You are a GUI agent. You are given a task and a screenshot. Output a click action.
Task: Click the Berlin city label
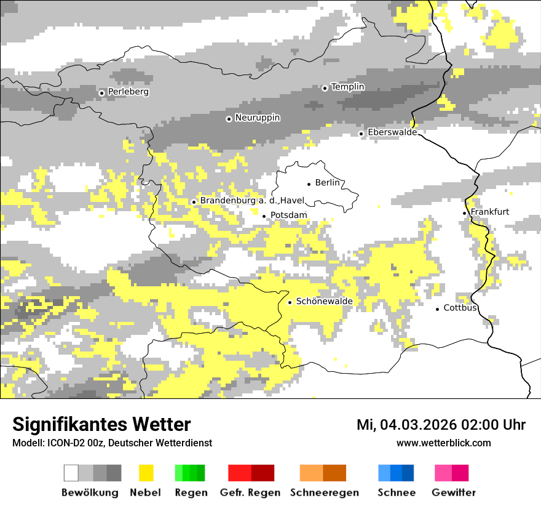pyautogui.click(x=327, y=183)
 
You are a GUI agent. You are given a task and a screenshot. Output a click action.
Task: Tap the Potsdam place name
pyautogui.click(x=288, y=215)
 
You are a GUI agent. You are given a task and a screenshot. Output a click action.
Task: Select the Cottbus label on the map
pyautogui.click(x=460, y=308)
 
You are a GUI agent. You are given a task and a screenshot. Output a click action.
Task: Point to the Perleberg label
pyautogui.click(x=128, y=92)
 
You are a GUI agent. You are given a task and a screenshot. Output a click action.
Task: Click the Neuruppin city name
pyautogui.click(x=258, y=118)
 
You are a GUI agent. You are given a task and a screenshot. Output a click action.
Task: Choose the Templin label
pyautogui.click(x=347, y=87)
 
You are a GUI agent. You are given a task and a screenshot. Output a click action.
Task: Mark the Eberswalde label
pyautogui.click(x=392, y=132)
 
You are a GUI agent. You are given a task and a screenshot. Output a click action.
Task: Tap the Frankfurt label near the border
pyautogui.click(x=489, y=212)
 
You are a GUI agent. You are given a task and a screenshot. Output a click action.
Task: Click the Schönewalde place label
pyautogui.click(x=324, y=301)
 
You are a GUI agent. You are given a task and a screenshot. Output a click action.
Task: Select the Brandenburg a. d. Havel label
pyautogui.click(x=252, y=201)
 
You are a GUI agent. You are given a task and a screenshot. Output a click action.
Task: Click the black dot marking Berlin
pyautogui.click(x=309, y=183)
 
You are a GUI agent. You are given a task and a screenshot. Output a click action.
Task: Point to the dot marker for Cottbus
pyautogui.click(x=438, y=309)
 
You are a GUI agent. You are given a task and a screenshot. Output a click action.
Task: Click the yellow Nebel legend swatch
pyautogui.click(x=146, y=473)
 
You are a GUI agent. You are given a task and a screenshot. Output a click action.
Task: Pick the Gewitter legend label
pyautogui.click(x=453, y=493)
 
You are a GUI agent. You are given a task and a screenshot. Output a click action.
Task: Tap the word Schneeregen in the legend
pyautogui.click(x=324, y=493)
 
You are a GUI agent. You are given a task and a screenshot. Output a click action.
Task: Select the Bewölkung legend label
pyautogui.click(x=90, y=493)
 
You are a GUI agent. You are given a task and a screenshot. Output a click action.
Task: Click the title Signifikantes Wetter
pyautogui.click(x=101, y=424)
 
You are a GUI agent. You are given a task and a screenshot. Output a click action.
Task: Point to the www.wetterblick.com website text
pyautogui.click(x=443, y=443)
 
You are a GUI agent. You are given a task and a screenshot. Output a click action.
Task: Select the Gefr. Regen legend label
pyautogui.click(x=250, y=493)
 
